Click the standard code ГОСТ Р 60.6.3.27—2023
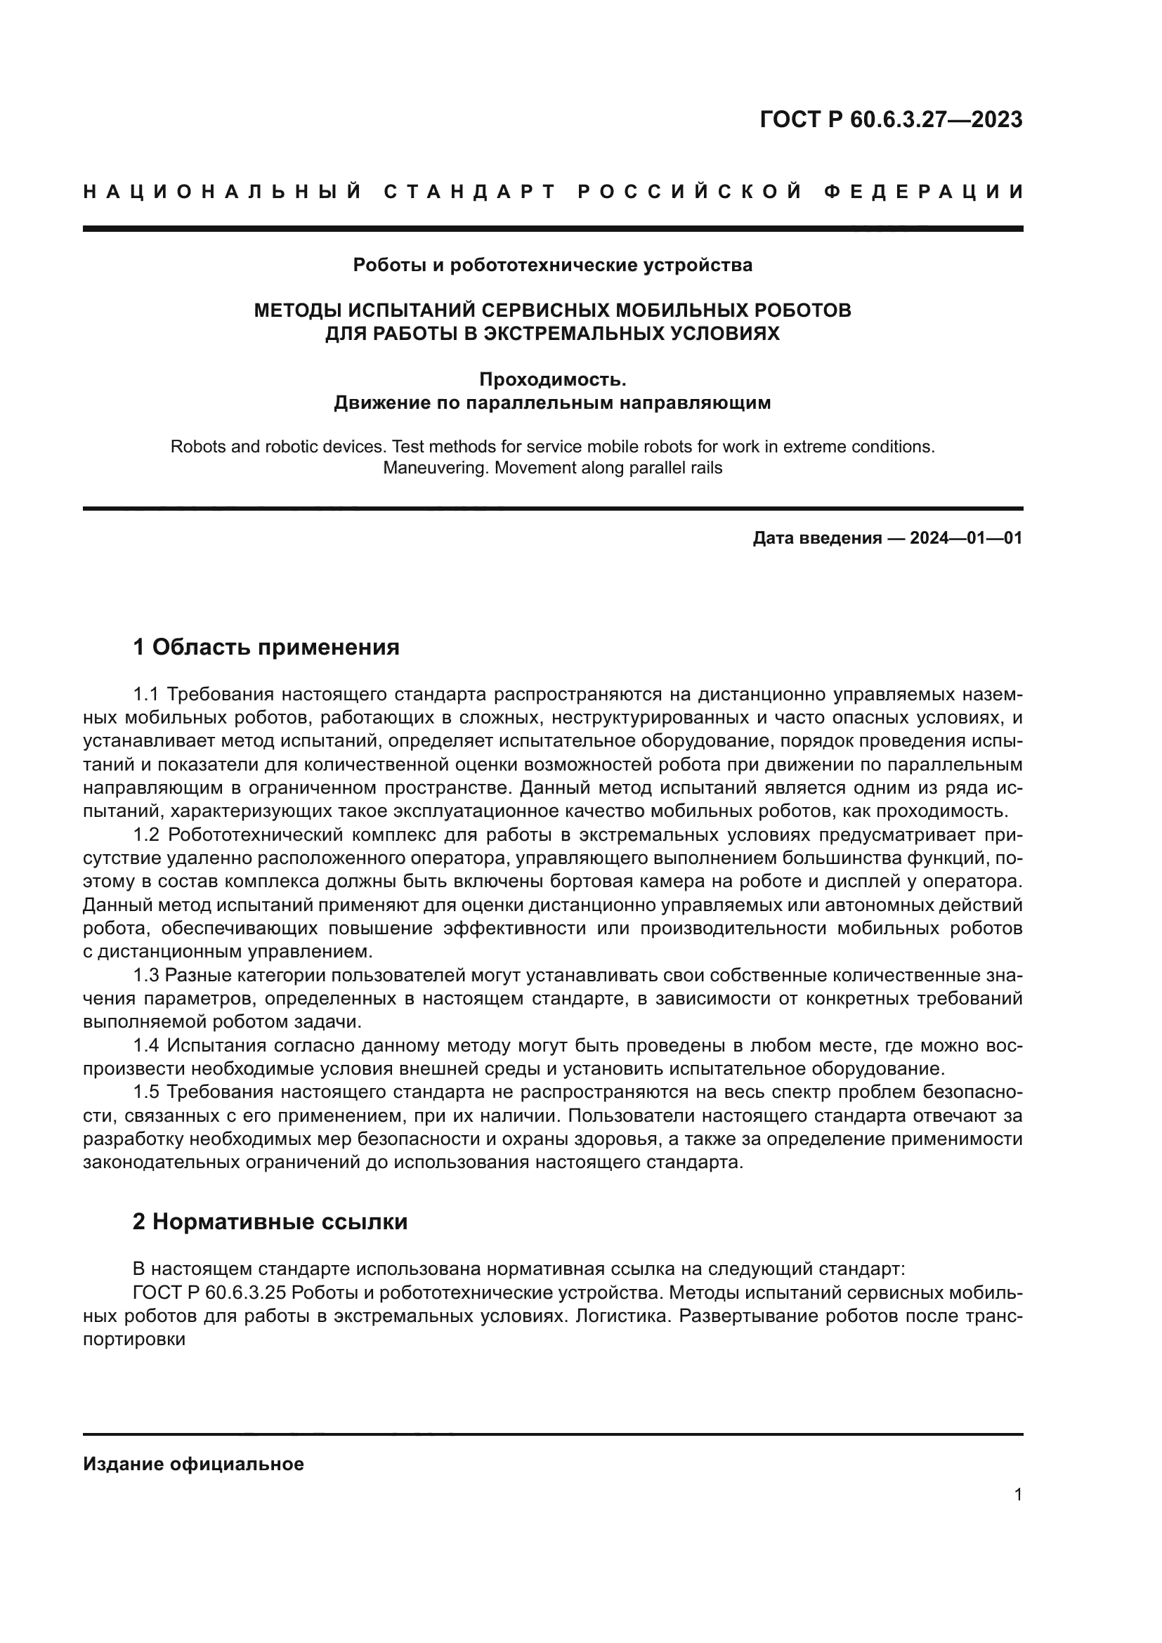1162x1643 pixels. point(891,119)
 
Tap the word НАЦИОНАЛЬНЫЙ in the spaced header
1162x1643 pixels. point(223,192)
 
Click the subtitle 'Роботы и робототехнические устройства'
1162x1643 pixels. point(552,266)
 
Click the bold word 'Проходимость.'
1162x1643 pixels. point(552,379)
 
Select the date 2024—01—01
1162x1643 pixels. point(966,538)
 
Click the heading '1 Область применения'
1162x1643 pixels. point(266,648)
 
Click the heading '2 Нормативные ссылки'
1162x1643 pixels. point(270,1222)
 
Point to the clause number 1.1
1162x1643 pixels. point(147,694)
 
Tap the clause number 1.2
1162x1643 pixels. point(147,835)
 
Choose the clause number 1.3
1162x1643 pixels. point(147,976)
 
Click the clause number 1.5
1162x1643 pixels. point(147,1092)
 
